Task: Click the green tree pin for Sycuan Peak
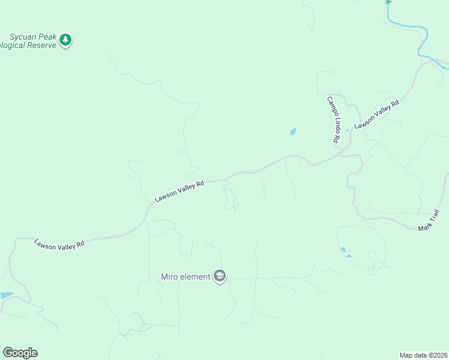click(65, 40)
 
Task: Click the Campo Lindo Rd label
click(334, 119)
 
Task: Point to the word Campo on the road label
click(331, 105)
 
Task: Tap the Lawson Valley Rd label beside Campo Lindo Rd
click(377, 115)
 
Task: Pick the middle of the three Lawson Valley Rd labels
click(179, 191)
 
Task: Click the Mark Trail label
click(429, 220)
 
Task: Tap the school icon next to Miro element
click(220, 276)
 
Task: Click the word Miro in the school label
click(169, 277)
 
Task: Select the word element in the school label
click(194, 277)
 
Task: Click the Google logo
click(20, 353)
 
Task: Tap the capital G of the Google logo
click(7, 353)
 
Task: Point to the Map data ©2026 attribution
click(423, 355)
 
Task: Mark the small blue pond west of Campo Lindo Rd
click(293, 131)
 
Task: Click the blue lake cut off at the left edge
click(5, 296)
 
